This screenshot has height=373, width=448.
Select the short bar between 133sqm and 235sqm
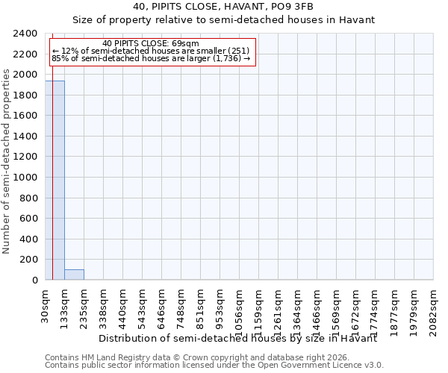coord(74,275)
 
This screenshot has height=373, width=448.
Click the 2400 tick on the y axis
coord(26,34)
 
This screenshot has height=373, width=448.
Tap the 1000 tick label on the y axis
coord(26,178)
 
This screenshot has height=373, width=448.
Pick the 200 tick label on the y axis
coord(29,260)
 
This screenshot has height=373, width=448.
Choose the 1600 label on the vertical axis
coord(26,116)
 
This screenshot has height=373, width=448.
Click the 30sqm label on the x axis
coord(45,304)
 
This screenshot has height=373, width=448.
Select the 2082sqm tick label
coord(433,309)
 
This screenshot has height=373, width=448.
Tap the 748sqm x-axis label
coord(181,307)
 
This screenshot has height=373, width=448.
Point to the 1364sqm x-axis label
coord(297,309)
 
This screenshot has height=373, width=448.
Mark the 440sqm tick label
coord(122,307)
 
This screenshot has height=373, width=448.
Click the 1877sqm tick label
coord(394,309)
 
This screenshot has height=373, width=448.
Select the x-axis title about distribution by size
coord(237,338)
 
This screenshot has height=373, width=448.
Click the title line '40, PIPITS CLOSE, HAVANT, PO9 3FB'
coord(223,7)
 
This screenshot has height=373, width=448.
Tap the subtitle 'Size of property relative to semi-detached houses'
coord(223,20)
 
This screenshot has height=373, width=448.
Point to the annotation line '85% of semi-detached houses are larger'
coord(151,57)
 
